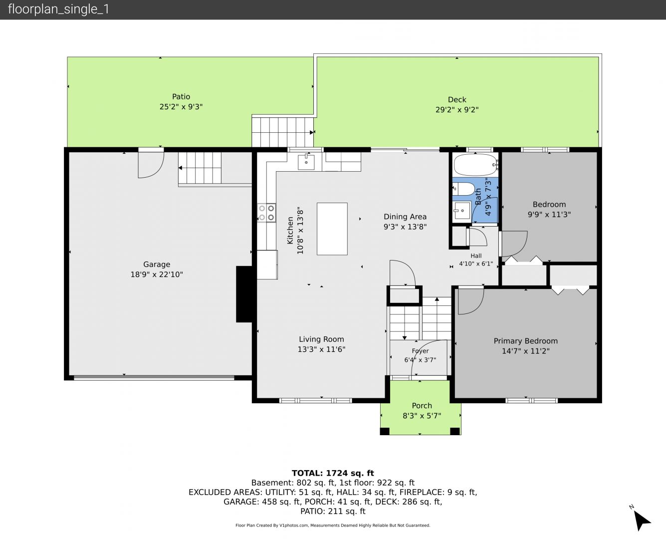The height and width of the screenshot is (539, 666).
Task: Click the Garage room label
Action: pos(157,265)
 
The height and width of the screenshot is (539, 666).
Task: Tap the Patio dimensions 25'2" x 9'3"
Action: pos(181,107)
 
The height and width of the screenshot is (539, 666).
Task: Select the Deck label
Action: pos(457,99)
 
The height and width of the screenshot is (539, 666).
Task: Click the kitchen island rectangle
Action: pos(332,229)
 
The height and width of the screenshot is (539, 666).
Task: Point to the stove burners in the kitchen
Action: pos(266,213)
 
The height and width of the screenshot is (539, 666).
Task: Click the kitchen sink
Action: pos(306,162)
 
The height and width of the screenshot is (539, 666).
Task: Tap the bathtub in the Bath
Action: pos(475,165)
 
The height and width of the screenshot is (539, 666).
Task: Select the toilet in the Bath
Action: pos(463,189)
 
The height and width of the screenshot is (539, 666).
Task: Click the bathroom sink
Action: pos(462,211)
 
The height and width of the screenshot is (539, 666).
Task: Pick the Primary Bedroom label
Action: pos(526,341)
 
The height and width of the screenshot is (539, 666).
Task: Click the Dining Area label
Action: pos(405,217)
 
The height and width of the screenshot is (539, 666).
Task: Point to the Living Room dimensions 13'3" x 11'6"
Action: pos(321,349)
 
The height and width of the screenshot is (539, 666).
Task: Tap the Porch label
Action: pos(422,405)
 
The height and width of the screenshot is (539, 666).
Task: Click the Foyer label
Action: pos(420,351)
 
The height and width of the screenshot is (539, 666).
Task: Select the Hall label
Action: pos(476,256)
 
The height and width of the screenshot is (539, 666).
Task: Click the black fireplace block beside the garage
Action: pos(244,294)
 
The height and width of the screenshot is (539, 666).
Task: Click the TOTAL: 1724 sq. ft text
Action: pos(333,473)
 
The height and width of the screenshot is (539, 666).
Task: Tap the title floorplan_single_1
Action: pos(58,9)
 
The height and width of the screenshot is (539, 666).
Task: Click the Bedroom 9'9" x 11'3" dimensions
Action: pos(549,214)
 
